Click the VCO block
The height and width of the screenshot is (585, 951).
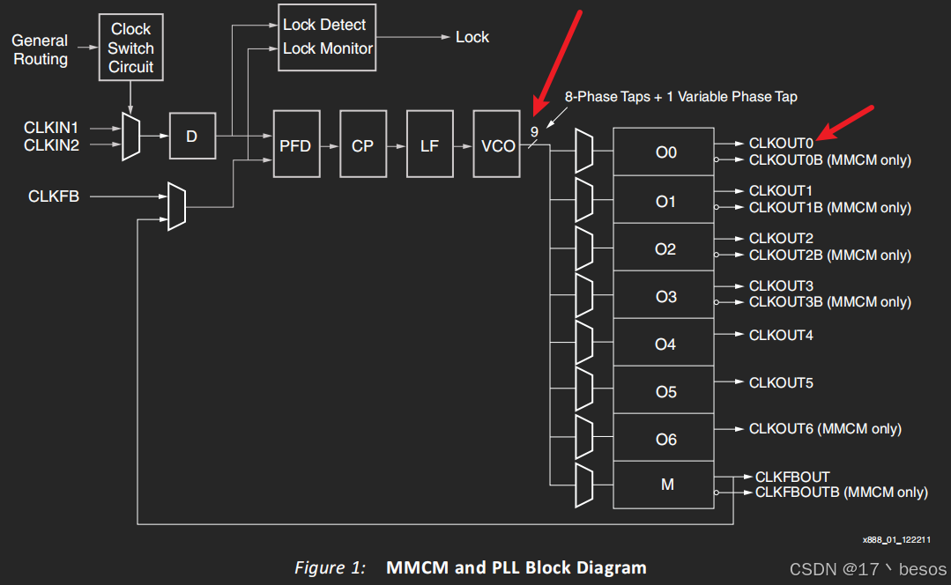497,144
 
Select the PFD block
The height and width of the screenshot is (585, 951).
295,144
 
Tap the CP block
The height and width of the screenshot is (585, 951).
362,144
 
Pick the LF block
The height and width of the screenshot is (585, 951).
429,144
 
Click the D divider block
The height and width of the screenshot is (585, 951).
191,137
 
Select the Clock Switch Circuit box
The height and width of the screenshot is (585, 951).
130,48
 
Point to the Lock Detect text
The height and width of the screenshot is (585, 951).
324,25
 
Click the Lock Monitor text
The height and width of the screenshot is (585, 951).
328,48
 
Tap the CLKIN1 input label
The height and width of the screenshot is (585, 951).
51,129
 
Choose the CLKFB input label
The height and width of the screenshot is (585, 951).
54,196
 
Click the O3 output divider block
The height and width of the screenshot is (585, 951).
665,296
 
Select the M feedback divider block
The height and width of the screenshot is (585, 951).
665,485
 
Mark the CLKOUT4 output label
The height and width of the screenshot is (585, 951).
781,336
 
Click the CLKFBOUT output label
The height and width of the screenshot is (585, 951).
792,477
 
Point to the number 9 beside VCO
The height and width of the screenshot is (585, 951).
534,132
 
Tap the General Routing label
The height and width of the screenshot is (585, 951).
40,50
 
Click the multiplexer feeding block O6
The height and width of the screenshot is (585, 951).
583,437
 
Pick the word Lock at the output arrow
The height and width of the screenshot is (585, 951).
472,37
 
